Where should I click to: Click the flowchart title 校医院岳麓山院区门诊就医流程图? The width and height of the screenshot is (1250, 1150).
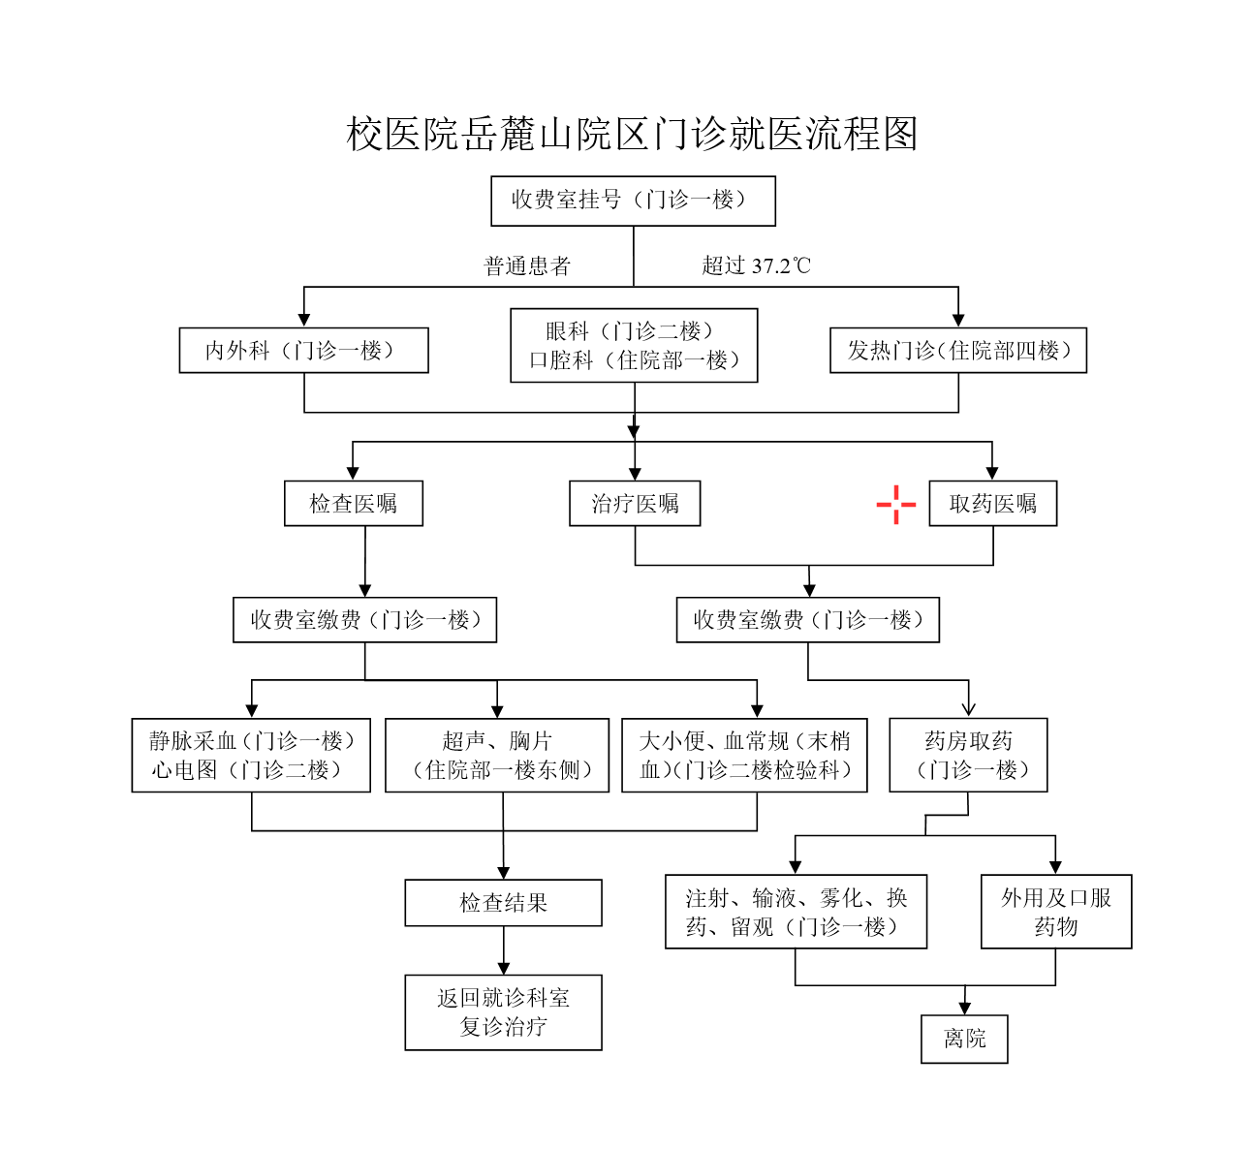pos(632,135)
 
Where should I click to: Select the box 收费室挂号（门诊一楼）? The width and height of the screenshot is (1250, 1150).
pos(633,201)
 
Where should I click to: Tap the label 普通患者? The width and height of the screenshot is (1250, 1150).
pos(527,266)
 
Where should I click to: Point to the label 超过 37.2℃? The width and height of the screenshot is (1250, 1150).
pos(756,266)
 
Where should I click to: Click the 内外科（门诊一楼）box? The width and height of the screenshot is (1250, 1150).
pos(303,351)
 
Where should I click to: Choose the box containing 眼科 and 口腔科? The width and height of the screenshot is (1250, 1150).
pos(634,346)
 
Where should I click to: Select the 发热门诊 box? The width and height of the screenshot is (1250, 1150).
pos(958,351)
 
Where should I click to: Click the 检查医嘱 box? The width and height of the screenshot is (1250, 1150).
pos(354,504)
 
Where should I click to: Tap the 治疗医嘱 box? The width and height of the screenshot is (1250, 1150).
pos(635,504)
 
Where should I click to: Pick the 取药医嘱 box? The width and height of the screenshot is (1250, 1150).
pos(992,504)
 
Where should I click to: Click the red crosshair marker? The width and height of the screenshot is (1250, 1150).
pos(896,505)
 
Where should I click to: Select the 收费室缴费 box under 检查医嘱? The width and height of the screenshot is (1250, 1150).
pos(364,620)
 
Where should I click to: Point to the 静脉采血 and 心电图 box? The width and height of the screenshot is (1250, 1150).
pos(251,756)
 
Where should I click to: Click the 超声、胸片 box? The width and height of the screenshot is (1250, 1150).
pos(497,756)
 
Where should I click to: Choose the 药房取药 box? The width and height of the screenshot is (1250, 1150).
pos(968,756)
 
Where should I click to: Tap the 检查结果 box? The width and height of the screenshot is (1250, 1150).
pos(503,903)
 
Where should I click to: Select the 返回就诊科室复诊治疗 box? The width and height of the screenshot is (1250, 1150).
pos(503,1012)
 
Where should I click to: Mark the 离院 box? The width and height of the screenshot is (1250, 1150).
pos(964,1040)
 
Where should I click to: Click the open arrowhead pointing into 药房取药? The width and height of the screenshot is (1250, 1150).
pos(968,710)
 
